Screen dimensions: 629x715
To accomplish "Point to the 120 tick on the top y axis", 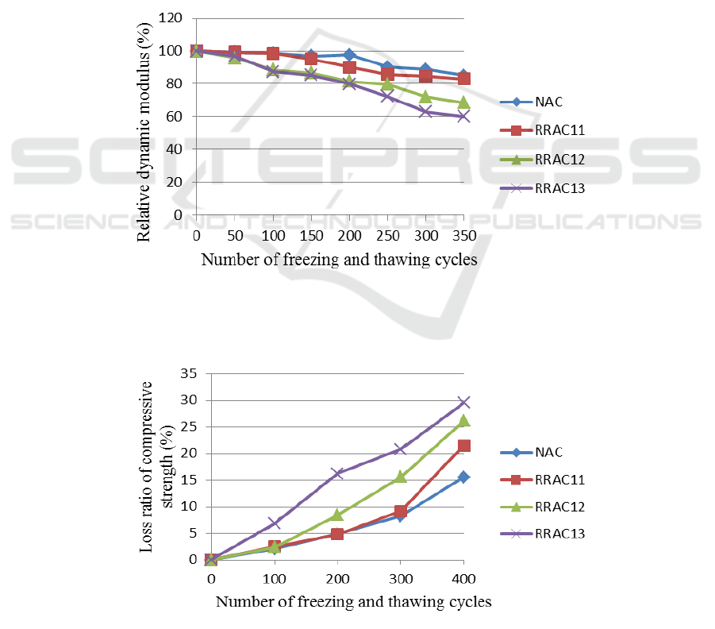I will [x=172, y=18].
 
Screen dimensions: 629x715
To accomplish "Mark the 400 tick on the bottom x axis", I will [x=463, y=577].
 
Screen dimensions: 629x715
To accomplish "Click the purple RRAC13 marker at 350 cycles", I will [x=463, y=117].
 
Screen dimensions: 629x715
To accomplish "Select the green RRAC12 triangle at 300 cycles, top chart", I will [x=425, y=97].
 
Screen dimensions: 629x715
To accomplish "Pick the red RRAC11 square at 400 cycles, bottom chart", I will [x=463, y=446].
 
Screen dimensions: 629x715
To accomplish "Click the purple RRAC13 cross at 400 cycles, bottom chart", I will [x=463, y=402].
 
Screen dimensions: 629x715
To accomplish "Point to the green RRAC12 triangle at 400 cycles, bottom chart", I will [x=463, y=420].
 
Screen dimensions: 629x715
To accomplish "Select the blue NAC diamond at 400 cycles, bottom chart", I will [x=463, y=477].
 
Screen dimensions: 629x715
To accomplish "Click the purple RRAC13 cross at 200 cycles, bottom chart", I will [x=337, y=473].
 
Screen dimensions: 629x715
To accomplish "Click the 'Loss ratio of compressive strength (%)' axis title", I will [x=157, y=467].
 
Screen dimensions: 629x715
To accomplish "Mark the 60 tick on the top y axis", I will [x=176, y=117].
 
